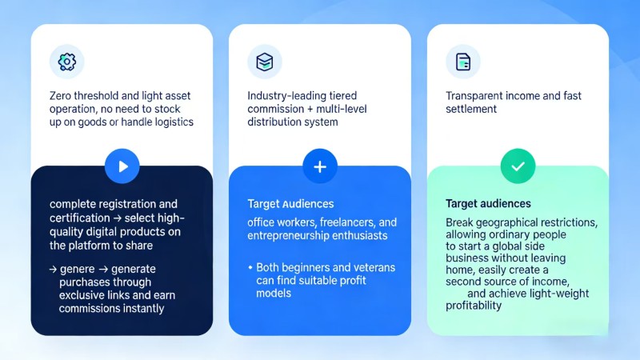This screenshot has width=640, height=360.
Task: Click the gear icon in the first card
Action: point(66,62)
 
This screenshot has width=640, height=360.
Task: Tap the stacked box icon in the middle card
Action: point(264,62)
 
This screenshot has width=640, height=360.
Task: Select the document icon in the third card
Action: point(462,62)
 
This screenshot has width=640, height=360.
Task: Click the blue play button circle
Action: point(122,166)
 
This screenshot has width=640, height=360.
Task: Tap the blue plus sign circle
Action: point(320,166)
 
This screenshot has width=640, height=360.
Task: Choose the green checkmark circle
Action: point(518,166)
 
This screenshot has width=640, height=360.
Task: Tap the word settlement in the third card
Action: point(471,109)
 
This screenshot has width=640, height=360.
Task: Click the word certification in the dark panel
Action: point(82,218)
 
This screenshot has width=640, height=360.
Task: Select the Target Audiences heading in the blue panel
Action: point(290,204)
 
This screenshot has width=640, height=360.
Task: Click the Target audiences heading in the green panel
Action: point(488,204)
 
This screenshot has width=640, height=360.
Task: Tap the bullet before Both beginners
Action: point(250,267)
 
